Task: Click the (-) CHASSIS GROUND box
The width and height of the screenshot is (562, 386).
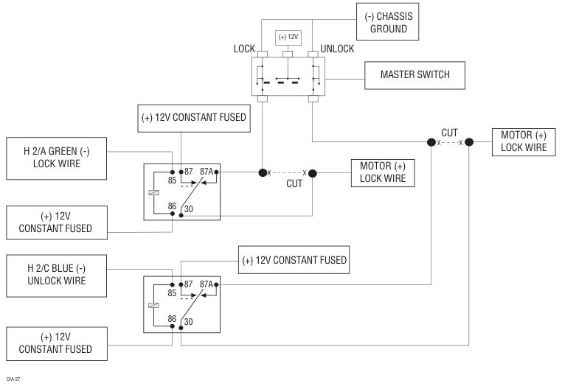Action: click(x=387, y=22)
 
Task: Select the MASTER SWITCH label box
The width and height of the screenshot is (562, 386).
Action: click(x=414, y=75)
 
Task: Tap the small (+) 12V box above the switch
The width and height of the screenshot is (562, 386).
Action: click(x=288, y=38)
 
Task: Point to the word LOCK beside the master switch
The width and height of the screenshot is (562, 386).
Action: click(x=244, y=49)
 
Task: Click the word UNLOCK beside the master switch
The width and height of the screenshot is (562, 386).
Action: click(x=337, y=49)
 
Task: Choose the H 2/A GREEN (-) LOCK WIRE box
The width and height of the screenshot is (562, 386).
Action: click(x=57, y=158)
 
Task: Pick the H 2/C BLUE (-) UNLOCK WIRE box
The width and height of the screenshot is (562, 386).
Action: click(x=57, y=276)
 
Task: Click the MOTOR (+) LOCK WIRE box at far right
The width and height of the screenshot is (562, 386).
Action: click(x=524, y=142)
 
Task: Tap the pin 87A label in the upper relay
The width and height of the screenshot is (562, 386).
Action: click(x=206, y=172)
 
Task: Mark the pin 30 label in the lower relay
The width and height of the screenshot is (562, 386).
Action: click(x=189, y=322)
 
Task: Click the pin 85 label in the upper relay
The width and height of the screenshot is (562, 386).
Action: click(x=172, y=180)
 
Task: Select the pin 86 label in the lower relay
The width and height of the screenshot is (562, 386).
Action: click(x=172, y=319)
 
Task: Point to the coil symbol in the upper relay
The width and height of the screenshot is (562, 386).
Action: click(x=153, y=193)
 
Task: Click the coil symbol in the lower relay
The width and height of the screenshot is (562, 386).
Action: click(x=153, y=305)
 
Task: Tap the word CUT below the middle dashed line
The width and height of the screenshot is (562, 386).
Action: click(x=294, y=183)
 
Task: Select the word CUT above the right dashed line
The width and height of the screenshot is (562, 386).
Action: click(x=449, y=133)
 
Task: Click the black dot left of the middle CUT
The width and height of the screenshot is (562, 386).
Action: click(x=263, y=173)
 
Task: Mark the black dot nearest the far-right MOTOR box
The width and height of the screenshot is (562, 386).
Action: click(x=469, y=142)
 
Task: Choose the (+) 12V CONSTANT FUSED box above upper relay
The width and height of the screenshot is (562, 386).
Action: click(x=194, y=118)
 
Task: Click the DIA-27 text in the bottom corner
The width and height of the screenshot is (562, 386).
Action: click(x=13, y=379)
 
